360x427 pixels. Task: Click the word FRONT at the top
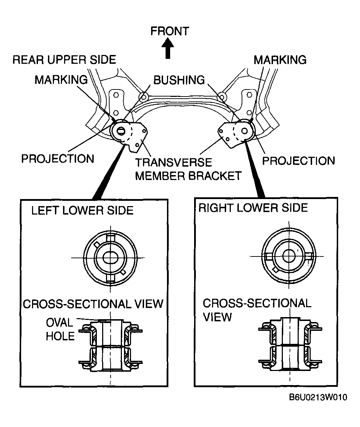tap(170, 31)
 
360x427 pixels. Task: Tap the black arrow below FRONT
tap(168, 49)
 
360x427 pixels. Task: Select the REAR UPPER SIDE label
tap(64, 60)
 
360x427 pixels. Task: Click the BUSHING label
tap(179, 80)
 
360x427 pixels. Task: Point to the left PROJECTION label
tap(58, 159)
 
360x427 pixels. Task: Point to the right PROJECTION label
tap(299, 161)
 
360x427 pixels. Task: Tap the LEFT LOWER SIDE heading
tap(82, 211)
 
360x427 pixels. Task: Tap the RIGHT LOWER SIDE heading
tap(253, 208)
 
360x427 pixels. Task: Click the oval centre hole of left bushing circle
tap(111, 258)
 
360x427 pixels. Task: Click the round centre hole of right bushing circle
tap(289, 256)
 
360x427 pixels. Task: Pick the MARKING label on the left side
tap(61, 80)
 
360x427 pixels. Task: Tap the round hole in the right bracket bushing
tap(244, 131)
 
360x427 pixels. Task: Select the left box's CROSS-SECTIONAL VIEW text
tap(93, 304)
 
